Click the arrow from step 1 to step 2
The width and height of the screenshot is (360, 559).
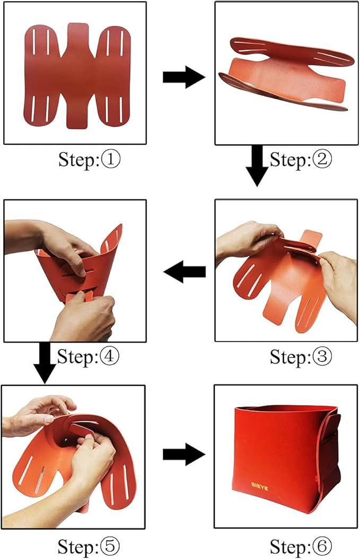point(184,77)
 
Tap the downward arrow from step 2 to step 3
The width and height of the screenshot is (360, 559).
point(257,166)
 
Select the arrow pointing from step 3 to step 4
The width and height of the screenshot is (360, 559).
point(185,272)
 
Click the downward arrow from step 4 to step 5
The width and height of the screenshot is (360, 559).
point(45,363)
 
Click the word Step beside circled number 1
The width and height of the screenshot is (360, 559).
point(78,160)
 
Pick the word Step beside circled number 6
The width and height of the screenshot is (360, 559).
point(289,547)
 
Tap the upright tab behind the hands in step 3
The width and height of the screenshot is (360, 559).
point(310,240)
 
